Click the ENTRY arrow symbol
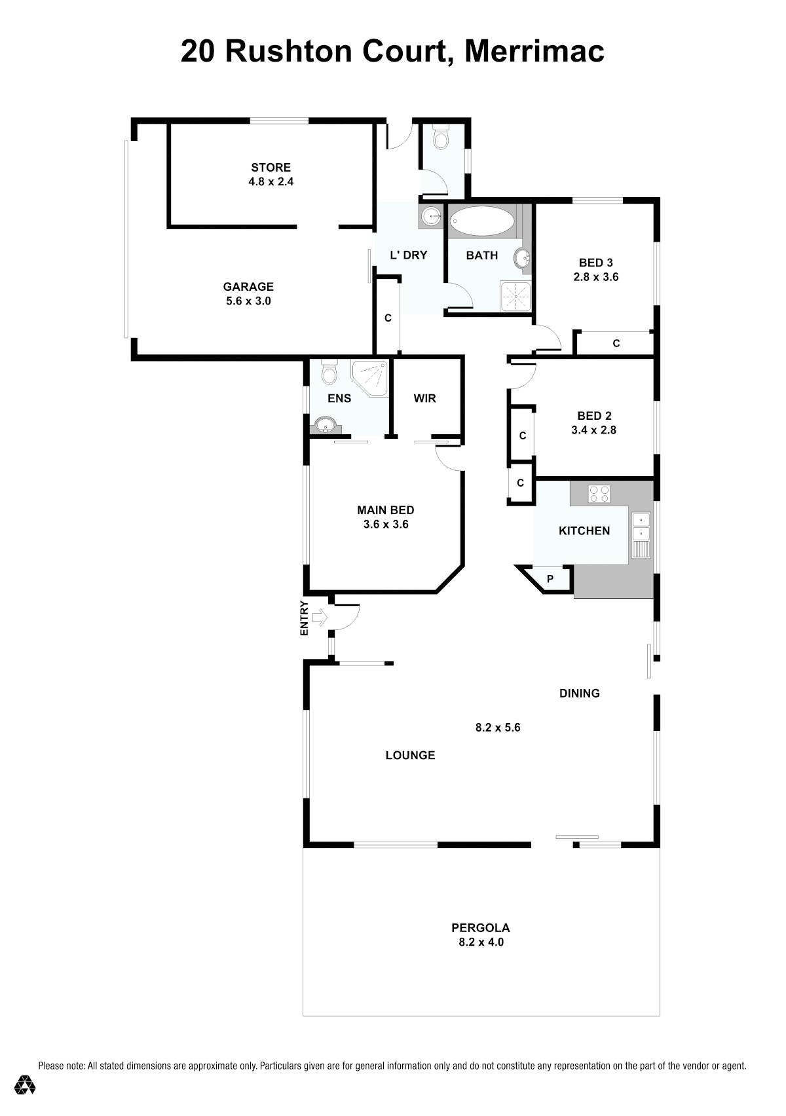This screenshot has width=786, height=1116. click(x=319, y=618)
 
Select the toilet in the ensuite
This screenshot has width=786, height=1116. click(x=328, y=372)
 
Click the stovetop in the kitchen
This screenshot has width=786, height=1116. click(x=599, y=494)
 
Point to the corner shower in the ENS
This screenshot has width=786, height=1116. click(x=369, y=378)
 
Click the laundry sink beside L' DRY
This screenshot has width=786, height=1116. click(x=431, y=216)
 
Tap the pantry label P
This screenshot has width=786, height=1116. click(x=550, y=579)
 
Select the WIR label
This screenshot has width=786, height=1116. click(x=424, y=398)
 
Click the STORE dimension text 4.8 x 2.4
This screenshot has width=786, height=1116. click(x=271, y=181)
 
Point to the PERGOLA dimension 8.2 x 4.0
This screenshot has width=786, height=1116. click(x=481, y=942)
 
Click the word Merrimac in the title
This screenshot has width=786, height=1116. click(x=534, y=51)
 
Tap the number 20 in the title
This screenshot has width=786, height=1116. click(x=198, y=51)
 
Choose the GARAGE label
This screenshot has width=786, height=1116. click(x=248, y=286)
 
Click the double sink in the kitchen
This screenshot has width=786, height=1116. click(x=641, y=527)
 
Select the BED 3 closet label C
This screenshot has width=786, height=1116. click(x=616, y=343)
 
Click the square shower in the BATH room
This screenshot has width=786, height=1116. click(x=515, y=296)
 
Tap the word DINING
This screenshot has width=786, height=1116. click(x=579, y=693)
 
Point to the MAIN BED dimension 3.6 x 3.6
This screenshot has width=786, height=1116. click(x=386, y=524)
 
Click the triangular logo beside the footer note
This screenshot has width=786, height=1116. click(x=24, y=1084)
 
